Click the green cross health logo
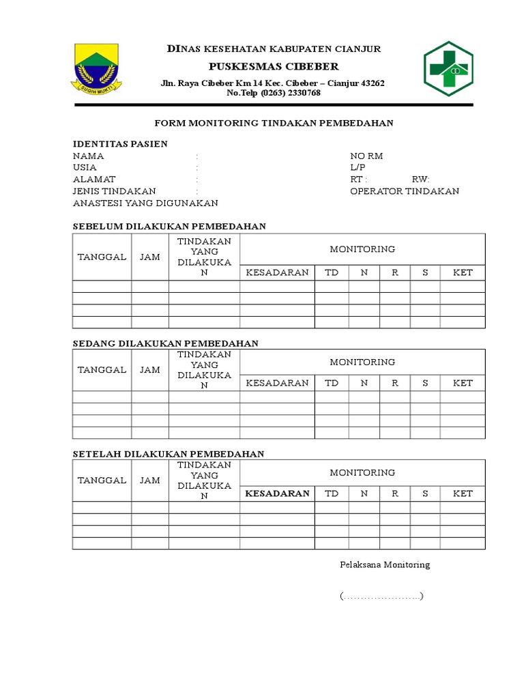448,68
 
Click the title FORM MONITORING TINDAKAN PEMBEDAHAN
274,123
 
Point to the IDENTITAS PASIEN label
120,144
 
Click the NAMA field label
89,156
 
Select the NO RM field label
366,156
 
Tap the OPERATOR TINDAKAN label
404,191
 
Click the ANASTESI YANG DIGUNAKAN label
145,203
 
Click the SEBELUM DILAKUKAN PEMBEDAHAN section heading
169,226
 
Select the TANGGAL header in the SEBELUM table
102,257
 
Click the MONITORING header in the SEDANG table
362,362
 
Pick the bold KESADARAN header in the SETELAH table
277,494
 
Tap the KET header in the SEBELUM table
463,272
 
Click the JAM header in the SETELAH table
150,480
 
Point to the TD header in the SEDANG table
332,383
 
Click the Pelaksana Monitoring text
385,565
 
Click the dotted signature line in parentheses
382,597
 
